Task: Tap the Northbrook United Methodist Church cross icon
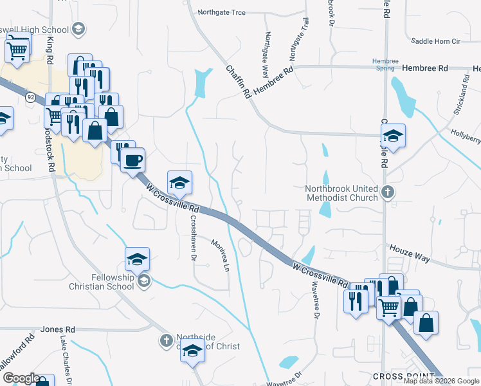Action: point(388,192)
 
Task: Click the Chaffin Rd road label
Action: point(237,81)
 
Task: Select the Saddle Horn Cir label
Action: point(435,41)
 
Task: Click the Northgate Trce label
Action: point(222,12)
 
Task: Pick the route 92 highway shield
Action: point(30,96)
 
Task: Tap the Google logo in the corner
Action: point(21,378)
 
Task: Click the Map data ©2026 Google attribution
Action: point(441,381)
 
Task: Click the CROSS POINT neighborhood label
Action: point(399,376)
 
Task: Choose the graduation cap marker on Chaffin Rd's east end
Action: point(392,136)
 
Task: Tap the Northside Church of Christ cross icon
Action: point(166,340)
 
